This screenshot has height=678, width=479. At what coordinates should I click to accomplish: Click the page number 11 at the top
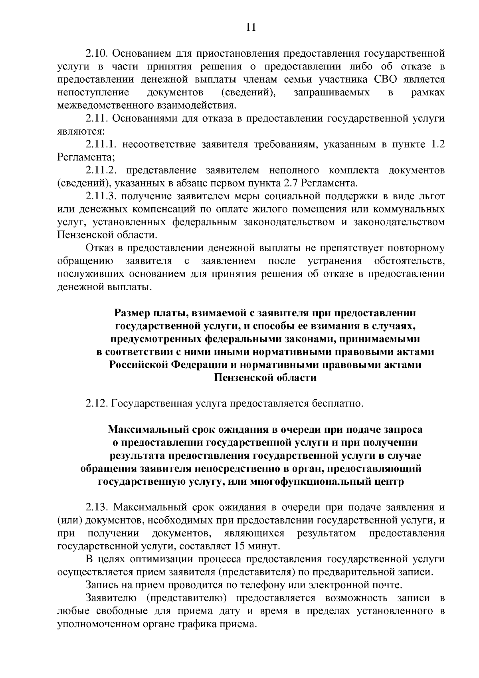(251, 27)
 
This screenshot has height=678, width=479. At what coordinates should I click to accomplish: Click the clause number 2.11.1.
(101, 144)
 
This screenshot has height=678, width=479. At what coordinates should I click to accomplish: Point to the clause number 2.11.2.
(101, 170)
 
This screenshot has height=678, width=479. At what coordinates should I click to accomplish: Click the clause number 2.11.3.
(101, 196)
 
